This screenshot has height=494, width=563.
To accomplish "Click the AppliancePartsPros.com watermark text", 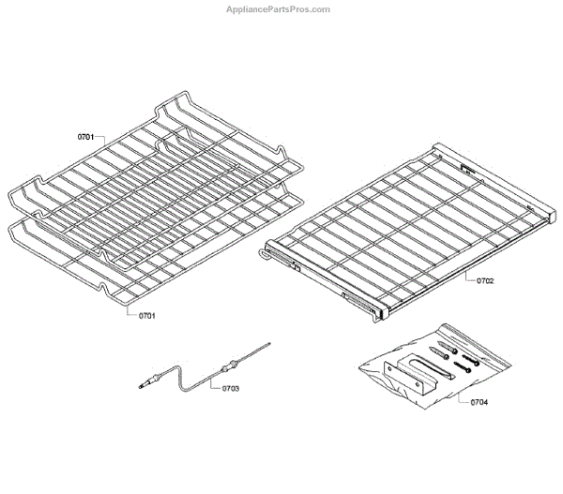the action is (279, 9).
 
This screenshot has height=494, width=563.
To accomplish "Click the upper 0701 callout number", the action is (84, 137).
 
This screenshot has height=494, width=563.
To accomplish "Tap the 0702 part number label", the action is (484, 279).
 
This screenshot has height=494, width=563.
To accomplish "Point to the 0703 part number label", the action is (231, 387).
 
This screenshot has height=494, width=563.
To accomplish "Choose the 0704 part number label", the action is (478, 403).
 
